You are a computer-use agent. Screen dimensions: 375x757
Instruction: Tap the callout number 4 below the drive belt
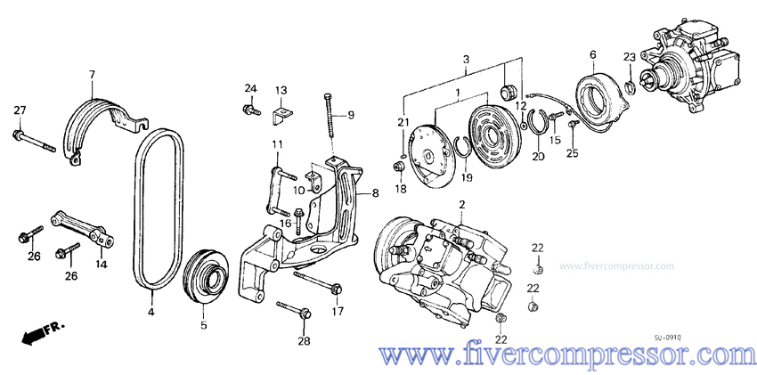click(x=152, y=312)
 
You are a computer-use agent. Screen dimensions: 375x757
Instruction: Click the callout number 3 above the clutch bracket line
click(x=465, y=59)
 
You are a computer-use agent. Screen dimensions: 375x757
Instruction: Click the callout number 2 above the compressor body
click(x=462, y=206)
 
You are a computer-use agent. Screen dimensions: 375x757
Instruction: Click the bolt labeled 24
click(x=246, y=110)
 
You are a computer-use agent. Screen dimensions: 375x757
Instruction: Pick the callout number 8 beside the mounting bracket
click(x=375, y=192)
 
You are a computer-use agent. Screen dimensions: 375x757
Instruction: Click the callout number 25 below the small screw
click(x=572, y=153)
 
